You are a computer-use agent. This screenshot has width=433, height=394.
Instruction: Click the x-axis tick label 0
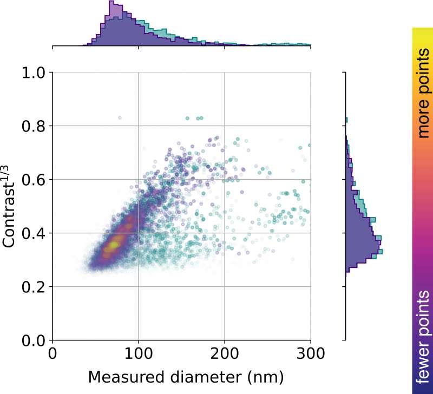click(x=53, y=355)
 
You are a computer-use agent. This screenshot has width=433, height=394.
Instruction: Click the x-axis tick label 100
click(x=139, y=355)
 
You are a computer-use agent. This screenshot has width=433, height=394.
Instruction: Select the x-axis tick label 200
click(x=225, y=355)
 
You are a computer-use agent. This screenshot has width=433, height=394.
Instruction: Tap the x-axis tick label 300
click(x=311, y=355)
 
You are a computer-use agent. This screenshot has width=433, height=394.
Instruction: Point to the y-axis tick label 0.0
click(x=34, y=340)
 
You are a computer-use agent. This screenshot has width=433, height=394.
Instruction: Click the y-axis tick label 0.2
click(x=34, y=287)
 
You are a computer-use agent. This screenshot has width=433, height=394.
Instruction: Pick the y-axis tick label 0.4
click(x=34, y=233)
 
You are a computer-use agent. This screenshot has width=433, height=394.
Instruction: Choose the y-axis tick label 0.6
click(x=34, y=180)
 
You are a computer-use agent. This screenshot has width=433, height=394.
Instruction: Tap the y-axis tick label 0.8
click(x=34, y=126)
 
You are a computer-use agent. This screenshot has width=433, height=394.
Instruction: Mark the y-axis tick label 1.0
click(x=34, y=73)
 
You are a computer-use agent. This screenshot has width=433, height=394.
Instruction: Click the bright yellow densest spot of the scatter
click(x=113, y=245)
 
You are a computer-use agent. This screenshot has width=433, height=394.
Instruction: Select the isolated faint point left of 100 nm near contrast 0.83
click(x=120, y=117)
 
